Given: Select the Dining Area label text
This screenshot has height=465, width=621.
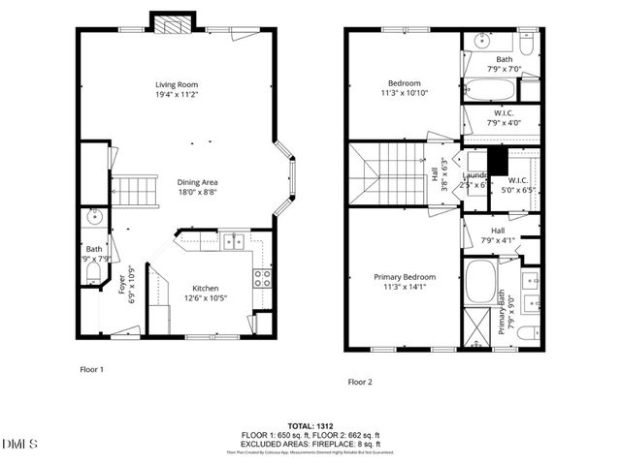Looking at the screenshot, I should pyautogui.click(x=196, y=182).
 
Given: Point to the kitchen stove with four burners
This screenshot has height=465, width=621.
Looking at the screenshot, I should pyautogui.click(x=262, y=279).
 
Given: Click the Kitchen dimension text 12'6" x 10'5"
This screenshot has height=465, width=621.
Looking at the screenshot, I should pyautogui.click(x=205, y=299).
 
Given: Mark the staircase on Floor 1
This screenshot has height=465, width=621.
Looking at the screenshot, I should pyautogui.click(x=137, y=191).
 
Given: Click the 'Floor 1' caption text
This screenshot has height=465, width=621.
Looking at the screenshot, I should pyautogui.click(x=91, y=369).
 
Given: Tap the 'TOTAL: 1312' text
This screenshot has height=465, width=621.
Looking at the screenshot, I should pyautogui.click(x=310, y=426).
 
